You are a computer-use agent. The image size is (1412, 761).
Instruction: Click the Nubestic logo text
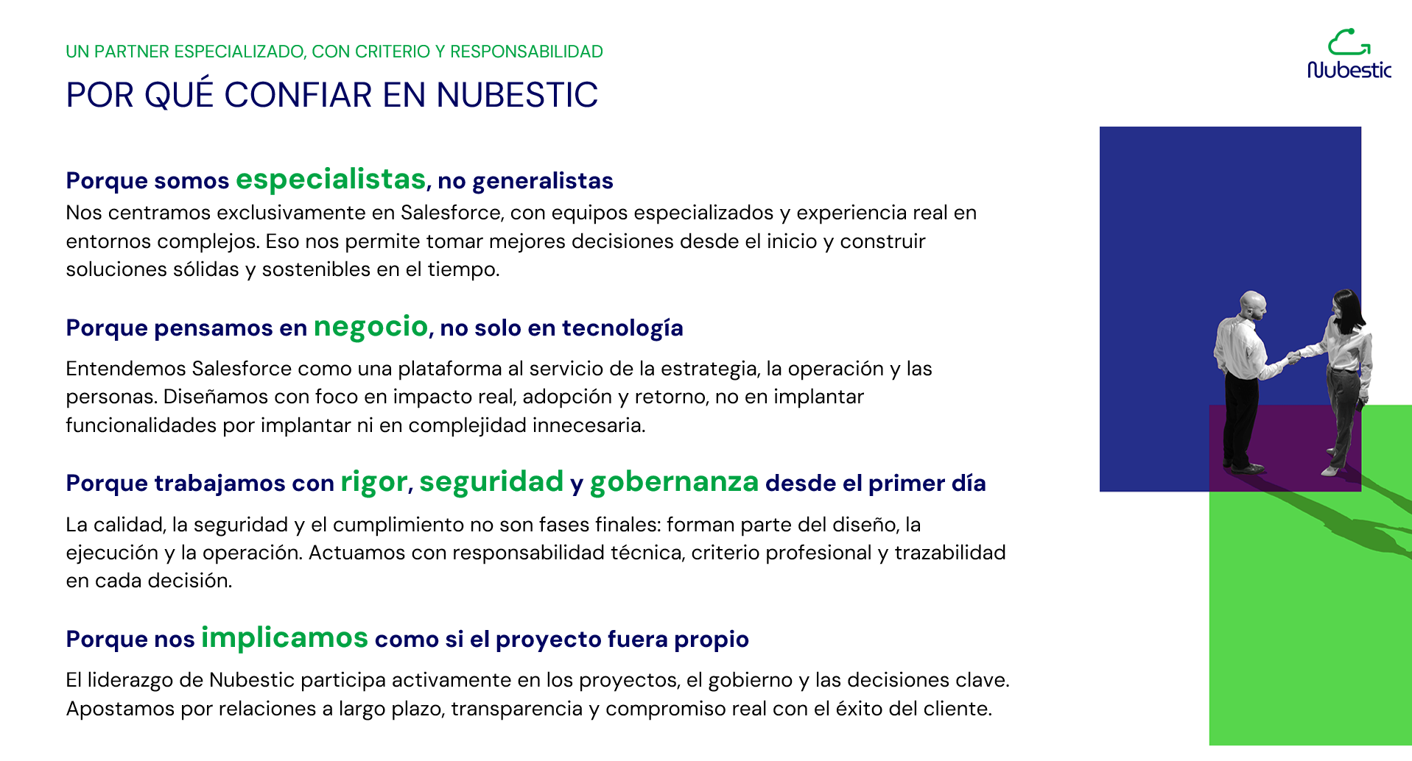1349,70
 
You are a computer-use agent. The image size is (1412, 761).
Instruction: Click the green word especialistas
331,180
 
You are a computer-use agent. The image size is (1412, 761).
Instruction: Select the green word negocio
370,326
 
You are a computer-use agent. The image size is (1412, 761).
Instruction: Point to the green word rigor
373,482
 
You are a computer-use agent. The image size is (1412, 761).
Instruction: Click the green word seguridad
491,481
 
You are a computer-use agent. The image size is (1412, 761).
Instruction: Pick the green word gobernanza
674,481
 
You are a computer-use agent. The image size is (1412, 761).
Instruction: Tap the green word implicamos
284,637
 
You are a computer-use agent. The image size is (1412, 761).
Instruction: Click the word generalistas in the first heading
543,181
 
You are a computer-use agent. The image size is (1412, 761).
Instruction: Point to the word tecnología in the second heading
622,328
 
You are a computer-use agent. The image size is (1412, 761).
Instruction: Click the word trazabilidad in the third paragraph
950,553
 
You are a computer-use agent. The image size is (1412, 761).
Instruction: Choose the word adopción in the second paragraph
567,397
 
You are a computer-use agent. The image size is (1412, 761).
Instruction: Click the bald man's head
1252,304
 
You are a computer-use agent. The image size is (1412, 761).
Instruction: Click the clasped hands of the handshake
1293,358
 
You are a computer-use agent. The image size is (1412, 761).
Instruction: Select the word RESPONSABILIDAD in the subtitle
527,52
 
